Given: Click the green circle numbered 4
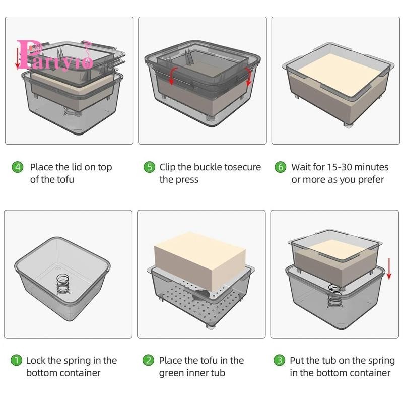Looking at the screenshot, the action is [x=18, y=167].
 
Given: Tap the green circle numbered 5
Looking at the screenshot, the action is [x=149, y=167].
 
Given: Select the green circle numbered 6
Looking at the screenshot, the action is [x=281, y=167].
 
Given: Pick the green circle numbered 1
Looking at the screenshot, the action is [x=16, y=360].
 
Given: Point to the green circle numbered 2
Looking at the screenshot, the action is [x=148, y=360].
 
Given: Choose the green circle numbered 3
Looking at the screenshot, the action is [x=280, y=360].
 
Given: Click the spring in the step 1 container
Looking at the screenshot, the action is [x=63, y=284].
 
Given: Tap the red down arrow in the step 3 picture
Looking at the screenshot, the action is [x=389, y=269].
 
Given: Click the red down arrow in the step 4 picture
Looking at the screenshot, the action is [x=18, y=58].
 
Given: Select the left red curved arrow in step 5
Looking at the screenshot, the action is [x=172, y=76].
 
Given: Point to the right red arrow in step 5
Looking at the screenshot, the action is [x=248, y=77].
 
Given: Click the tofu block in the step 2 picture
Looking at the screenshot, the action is [x=200, y=260].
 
